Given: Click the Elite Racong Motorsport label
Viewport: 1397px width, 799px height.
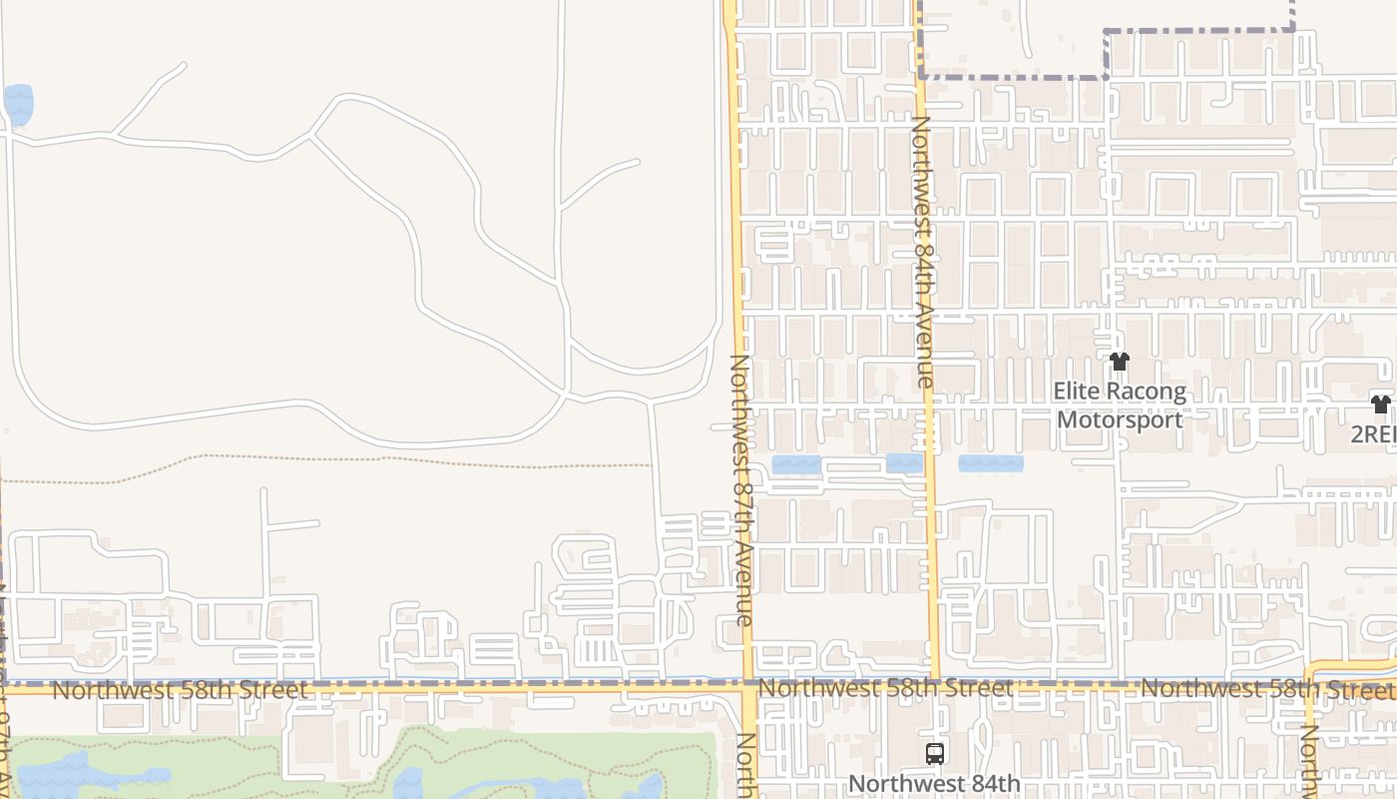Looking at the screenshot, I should pyautogui.click(x=1120, y=404).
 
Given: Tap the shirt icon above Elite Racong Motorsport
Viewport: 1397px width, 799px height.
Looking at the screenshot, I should pyautogui.click(x=1119, y=362).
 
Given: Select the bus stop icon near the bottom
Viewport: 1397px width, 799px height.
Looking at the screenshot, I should pyautogui.click(x=935, y=754).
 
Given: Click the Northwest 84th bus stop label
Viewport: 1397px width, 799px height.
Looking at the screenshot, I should pyautogui.click(x=934, y=784).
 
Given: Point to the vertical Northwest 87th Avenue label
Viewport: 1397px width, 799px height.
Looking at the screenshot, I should pyautogui.click(x=741, y=489).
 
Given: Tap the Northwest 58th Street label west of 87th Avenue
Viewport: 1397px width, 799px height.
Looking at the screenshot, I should pyautogui.click(x=180, y=690).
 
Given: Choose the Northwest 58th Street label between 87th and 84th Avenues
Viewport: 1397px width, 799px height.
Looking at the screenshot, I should pyautogui.click(x=885, y=688).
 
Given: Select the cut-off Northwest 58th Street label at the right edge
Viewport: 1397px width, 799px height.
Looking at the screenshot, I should pyautogui.click(x=1267, y=688).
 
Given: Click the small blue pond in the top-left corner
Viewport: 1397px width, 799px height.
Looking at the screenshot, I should pyautogui.click(x=19, y=102).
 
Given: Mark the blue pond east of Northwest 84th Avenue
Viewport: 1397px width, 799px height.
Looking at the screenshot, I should pyautogui.click(x=991, y=463).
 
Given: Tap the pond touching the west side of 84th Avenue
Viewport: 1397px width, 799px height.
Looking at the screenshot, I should pyautogui.click(x=904, y=463).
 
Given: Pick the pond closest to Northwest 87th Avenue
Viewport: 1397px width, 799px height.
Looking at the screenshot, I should pyautogui.click(x=796, y=464).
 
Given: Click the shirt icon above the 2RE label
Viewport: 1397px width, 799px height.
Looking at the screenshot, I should pyautogui.click(x=1380, y=404).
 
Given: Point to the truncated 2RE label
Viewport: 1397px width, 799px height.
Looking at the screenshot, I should pyautogui.click(x=1374, y=434).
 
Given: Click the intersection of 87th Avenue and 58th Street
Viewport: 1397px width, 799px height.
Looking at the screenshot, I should pyautogui.click(x=748, y=688).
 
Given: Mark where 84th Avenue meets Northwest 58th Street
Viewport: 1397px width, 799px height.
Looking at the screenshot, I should pyautogui.click(x=934, y=685).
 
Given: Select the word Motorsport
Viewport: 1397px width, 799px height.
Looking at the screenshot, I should pyautogui.click(x=1120, y=418).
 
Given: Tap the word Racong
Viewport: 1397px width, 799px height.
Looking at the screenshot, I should pyautogui.click(x=1150, y=392).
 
